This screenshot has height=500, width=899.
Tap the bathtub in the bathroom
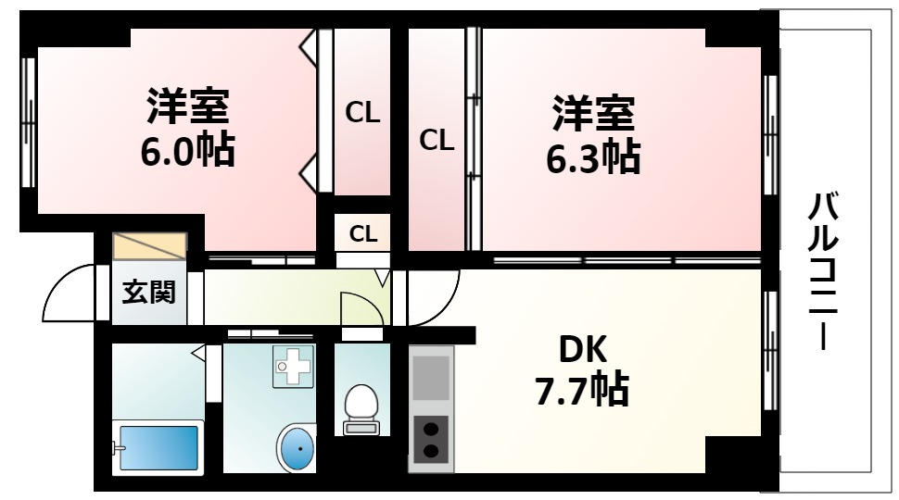pos(158,447)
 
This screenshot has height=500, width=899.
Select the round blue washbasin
pos(299,451)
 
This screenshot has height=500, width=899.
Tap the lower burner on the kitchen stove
pos(431,452)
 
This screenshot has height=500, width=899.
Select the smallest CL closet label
pos(363,233)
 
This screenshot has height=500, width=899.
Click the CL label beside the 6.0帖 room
pos(363,113)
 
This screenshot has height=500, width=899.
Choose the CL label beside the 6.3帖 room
pos(437,141)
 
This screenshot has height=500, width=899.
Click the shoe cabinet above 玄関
pos(149,247)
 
